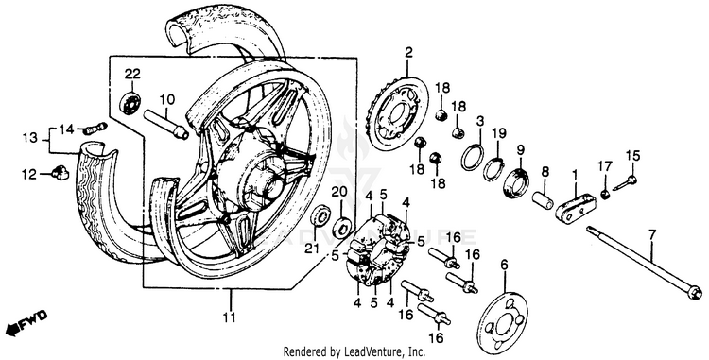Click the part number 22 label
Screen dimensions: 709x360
[x=132, y=74]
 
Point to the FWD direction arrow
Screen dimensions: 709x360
[x=26, y=321]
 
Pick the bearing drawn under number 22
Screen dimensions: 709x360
[x=130, y=103]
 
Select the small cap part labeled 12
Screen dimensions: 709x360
[x=61, y=173]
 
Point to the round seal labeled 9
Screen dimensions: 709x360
[x=517, y=182]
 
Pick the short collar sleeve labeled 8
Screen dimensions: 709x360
[x=543, y=200]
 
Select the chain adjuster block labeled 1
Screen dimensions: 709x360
[x=574, y=208]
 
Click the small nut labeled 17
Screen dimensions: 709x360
[x=605, y=194]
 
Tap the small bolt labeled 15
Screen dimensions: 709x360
[x=624, y=183]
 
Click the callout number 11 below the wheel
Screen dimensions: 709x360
[x=230, y=317]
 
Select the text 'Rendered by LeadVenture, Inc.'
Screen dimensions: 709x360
[x=354, y=351]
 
